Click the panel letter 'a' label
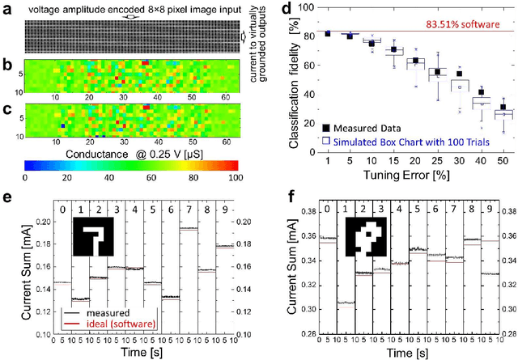pyautogui.click(x=5, y=7)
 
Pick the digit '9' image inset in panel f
pyautogui.click(x=360, y=238)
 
